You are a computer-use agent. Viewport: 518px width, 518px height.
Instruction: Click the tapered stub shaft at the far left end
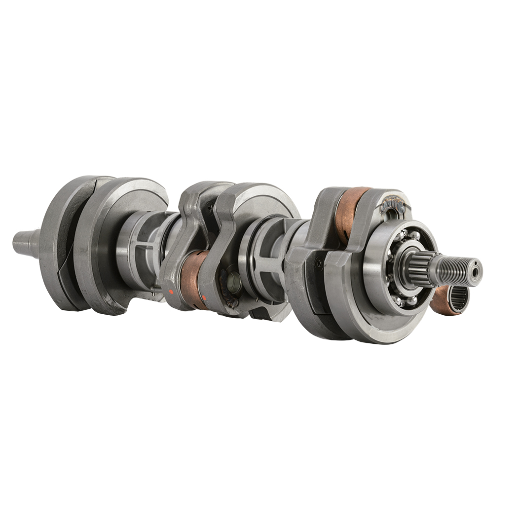point(25,242)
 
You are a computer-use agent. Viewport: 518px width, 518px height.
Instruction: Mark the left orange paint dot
point(171,292)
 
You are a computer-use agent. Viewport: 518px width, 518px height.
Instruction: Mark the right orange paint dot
point(203,297)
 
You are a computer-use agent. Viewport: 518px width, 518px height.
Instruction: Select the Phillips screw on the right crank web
point(319,262)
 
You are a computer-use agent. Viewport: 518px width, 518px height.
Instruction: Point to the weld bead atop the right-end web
point(393,203)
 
